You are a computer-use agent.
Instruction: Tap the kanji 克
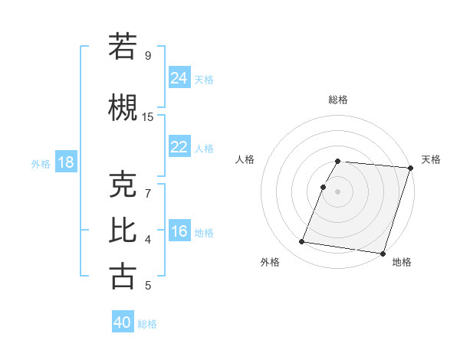coord(123,185)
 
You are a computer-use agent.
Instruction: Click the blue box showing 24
coord(179,77)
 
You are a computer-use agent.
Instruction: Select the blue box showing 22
coord(179,147)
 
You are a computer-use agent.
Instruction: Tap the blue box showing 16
coord(179,231)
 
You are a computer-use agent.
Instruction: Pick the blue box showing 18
coord(65,162)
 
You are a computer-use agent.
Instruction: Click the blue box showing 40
coord(123,322)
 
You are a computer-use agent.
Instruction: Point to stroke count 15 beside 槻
coord(148,117)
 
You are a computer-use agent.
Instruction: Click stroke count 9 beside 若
coord(148,55)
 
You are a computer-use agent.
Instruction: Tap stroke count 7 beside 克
coord(147,193)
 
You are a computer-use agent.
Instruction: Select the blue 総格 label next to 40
coord(147,324)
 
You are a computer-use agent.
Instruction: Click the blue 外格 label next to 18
coord(41,164)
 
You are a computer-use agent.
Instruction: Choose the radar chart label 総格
coord(338,100)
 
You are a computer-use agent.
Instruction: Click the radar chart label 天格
coord(432,159)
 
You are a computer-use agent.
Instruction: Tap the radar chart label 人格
coord(245,159)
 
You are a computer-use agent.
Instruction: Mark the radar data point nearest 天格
coord(410,168)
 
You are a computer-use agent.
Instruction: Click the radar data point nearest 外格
coord(301,242)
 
